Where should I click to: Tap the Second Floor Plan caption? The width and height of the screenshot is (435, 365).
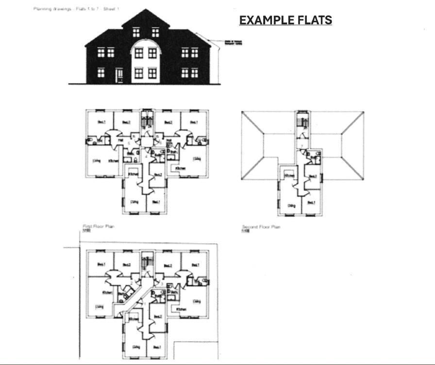click(261, 227)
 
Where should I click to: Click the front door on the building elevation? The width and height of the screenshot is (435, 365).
click(119, 75)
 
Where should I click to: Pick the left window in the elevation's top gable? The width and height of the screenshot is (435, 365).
click(136, 32)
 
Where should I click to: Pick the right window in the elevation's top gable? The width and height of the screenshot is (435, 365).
click(155, 32)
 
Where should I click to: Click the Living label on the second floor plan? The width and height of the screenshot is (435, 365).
click(291, 206)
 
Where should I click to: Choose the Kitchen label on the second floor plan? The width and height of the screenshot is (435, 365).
click(290, 175)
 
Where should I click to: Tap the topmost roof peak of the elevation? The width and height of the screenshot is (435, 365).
click(146, 9)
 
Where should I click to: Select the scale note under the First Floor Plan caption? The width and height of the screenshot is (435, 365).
click(86, 231)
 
